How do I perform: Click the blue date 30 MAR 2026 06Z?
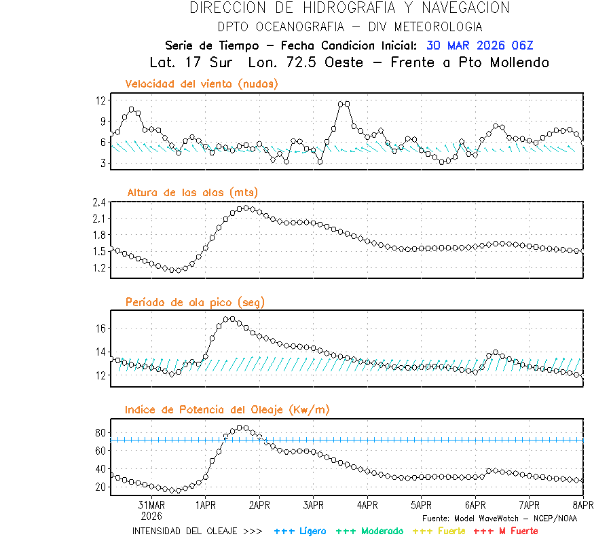click(480, 45)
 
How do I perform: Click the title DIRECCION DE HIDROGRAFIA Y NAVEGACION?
click(350, 8)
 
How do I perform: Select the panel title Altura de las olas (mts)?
click(192, 193)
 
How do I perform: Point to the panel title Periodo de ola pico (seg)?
click(195, 302)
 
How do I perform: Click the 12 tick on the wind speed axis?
click(101, 100)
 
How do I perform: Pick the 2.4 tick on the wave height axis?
click(100, 202)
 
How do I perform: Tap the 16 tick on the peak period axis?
click(101, 329)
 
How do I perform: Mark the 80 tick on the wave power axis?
click(101, 433)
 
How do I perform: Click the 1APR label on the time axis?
click(206, 505)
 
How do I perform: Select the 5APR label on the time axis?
click(421, 505)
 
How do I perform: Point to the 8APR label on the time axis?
click(582, 505)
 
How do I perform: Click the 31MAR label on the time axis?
click(151, 505)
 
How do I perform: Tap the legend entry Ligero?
click(301, 531)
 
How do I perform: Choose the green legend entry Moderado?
click(369, 531)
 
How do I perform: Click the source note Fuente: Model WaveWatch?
click(500, 518)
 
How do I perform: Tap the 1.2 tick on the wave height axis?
click(100, 268)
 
